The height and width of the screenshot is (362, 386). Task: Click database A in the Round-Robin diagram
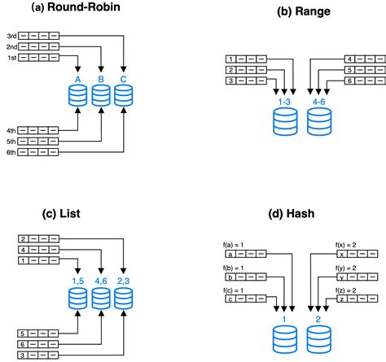78,95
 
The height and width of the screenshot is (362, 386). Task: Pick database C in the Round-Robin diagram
122,95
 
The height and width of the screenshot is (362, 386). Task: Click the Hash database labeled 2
319,335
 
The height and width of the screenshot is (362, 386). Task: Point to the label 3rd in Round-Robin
12,37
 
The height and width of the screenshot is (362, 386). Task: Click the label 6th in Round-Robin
12,151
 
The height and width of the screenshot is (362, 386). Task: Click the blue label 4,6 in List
100,280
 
